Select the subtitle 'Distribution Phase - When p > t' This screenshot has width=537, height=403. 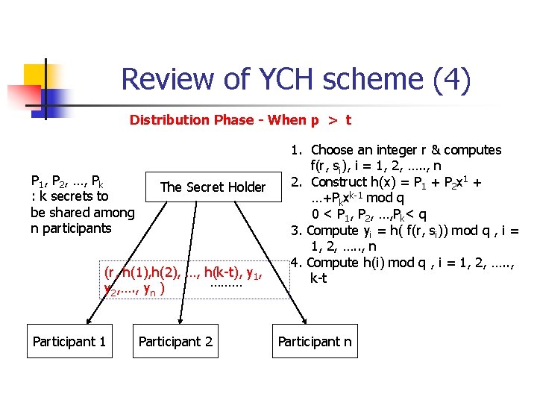click(241, 119)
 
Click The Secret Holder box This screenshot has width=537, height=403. click(213, 187)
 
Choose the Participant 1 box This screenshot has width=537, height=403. click(69, 342)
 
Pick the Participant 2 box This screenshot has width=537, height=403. click(176, 342)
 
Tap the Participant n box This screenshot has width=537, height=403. click(314, 342)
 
